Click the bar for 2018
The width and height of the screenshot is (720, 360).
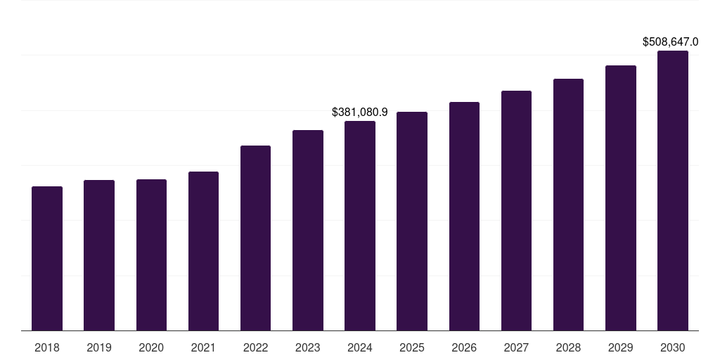[47, 258]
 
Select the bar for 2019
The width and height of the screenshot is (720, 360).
[99, 255]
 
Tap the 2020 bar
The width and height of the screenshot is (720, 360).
[151, 255]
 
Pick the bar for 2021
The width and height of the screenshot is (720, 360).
[203, 251]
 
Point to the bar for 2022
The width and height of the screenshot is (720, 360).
[255, 238]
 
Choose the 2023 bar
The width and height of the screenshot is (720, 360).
[308, 230]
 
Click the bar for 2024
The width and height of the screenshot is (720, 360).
[360, 226]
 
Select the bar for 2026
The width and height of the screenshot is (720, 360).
[464, 216]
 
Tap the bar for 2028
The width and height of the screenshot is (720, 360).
[568, 205]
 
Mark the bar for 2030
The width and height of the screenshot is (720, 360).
[673, 191]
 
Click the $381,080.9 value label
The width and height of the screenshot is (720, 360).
[360, 112]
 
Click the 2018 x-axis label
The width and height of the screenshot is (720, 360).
[47, 347]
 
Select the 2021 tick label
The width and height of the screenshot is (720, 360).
[203, 347]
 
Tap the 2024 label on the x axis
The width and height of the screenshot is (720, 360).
[360, 347]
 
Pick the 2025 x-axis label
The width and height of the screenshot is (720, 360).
[412, 347]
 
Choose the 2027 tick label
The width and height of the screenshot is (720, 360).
[516, 347]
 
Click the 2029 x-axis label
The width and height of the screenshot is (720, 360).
[620, 347]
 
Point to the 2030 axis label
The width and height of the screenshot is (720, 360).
[673, 347]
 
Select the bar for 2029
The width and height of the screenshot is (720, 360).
[620, 198]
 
